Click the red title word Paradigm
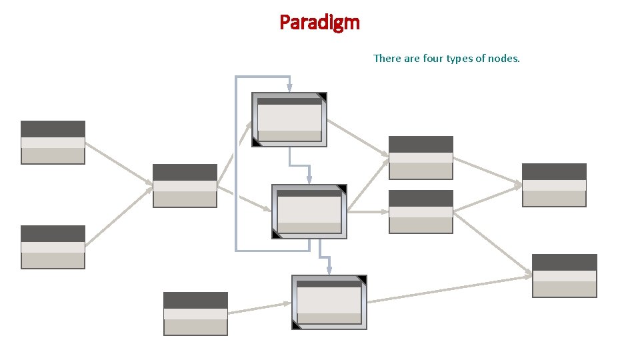(319, 23)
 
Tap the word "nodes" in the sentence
(503, 59)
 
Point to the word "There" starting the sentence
(387, 59)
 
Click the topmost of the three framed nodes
(289, 119)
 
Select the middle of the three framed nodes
(309, 211)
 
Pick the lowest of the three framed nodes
(329, 302)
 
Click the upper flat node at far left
(53, 142)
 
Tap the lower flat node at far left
(53, 247)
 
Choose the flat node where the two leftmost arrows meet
(185, 185)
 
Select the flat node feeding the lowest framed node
(195, 313)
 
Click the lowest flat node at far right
(564, 275)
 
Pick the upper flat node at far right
(554, 185)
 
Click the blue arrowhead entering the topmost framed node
(289, 88)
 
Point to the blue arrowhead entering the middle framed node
(309, 180)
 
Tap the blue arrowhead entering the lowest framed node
(329, 271)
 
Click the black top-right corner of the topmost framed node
(323, 97)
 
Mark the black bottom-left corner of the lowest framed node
(296, 325)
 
